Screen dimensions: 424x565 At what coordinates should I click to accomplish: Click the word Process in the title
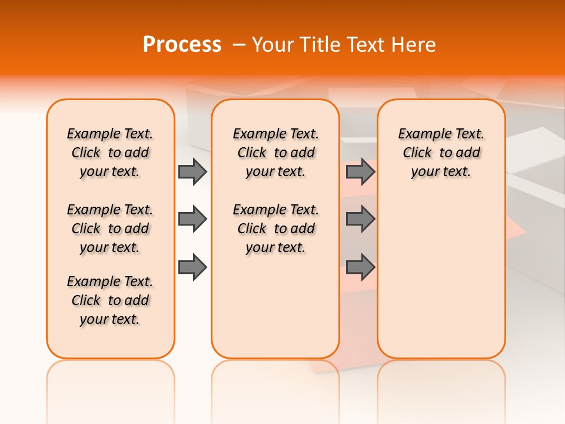[182, 45]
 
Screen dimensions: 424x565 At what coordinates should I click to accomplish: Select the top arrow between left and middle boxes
[192, 171]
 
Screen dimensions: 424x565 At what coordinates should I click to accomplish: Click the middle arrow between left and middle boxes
[192, 219]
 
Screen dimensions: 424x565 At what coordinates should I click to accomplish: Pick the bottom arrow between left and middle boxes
[192, 267]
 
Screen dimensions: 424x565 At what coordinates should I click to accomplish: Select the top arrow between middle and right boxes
[360, 171]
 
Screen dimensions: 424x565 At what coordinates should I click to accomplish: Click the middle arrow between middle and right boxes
[360, 219]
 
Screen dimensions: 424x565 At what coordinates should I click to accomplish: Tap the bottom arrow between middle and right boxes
[360, 267]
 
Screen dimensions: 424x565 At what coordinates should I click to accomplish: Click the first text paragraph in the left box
[110, 153]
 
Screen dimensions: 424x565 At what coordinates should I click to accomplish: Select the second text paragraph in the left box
[110, 228]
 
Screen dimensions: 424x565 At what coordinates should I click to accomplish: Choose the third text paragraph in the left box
[110, 300]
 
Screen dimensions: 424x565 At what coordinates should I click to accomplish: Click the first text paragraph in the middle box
[275, 153]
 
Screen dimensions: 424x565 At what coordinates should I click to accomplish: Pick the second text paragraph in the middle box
[275, 228]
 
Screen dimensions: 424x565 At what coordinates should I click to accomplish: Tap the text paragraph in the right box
[441, 153]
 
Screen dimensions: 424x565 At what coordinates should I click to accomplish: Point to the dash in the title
[239, 45]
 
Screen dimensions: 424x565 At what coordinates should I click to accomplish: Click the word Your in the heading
[274, 45]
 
